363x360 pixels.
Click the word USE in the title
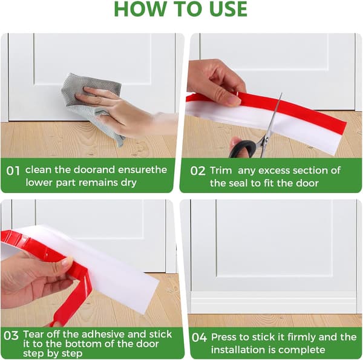[x=228, y=9]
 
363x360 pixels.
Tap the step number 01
[x=13, y=171]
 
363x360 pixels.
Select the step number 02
[x=197, y=171]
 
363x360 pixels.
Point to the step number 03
[x=11, y=335]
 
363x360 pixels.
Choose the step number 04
[x=199, y=338]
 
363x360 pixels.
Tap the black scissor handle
[x=243, y=149]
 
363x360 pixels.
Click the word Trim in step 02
[x=221, y=171]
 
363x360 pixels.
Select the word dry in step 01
[x=128, y=183]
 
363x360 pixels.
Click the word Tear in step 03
[x=33, y=334]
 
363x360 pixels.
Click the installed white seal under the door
[x=273, y=302]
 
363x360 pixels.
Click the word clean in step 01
[x=38, y=169]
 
